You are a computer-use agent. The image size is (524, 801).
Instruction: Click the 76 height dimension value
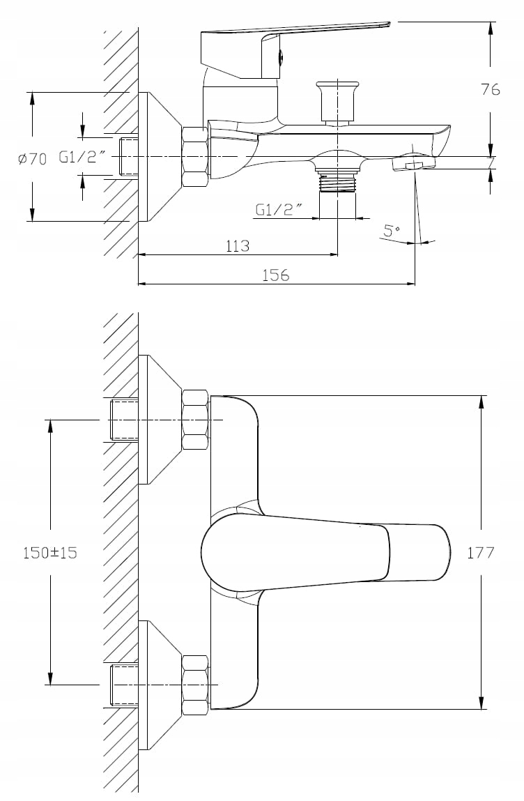click(491, 89)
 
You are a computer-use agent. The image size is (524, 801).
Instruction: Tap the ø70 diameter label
click(32, 159)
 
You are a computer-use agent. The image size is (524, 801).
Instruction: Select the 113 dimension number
click(238, 246)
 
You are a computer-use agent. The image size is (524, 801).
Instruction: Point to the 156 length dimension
click(275, 275)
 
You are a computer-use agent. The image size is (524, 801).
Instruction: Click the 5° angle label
click(392, 229)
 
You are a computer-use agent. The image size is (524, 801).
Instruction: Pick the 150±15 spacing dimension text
click(50, 552)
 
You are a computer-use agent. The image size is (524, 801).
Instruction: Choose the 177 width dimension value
click(481, 552)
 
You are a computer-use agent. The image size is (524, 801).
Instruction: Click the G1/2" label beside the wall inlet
click(82, 158)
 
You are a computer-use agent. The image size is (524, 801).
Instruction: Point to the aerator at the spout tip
click(413, 163)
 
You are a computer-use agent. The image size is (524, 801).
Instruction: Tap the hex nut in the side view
click(195, 157)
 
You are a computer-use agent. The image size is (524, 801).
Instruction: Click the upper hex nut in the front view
click(195, 420)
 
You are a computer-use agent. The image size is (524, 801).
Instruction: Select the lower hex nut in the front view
click(195, 685)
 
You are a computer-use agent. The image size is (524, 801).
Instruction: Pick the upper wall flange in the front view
click(157, 420)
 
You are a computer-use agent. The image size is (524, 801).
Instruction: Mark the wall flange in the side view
click(157, 157)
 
